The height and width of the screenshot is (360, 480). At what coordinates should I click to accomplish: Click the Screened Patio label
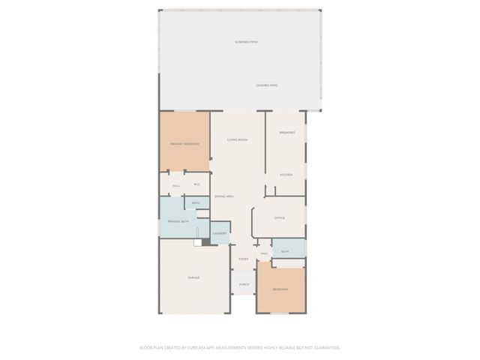[x=246, y=43]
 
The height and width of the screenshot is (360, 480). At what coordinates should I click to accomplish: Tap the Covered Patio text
[x=267, y=85]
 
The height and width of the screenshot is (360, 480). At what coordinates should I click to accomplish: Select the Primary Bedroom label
[x=184, y=143]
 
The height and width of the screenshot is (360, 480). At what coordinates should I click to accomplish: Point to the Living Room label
[x=238, y=140]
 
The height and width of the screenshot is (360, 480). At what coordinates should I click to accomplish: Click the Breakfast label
[x=286, y=132]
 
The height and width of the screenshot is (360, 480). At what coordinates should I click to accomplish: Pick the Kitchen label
[x=286, y=175]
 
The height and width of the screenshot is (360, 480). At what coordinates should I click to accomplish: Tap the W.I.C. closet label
[x=197, y=184]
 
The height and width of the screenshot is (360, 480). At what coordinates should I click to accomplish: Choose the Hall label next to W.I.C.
[x=176, y=185]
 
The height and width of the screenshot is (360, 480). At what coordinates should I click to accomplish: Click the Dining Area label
[x=224, y=196]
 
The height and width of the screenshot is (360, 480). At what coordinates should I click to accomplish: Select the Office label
[x=279, y=217]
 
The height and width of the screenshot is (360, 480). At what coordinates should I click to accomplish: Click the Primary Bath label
[x=178, y=221]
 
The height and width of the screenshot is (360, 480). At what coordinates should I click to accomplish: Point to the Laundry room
[x=220, y=233]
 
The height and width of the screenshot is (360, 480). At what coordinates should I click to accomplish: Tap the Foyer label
[x=243, y=259]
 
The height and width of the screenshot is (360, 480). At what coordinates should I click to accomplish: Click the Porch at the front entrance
[x=244, y=284]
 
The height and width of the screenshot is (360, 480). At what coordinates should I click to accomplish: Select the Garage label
[x=193, y=277]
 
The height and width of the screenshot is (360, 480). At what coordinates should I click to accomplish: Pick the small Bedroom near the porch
[x=280, y=289]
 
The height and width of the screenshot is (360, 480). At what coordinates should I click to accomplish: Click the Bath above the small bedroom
[x=285, y=251]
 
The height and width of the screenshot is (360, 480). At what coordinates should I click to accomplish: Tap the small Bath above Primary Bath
[x=196, y=203]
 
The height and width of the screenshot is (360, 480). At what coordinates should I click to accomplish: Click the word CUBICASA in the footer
[x=202, y=347]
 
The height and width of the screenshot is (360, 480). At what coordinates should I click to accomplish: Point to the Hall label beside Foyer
[x=264, y=253]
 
